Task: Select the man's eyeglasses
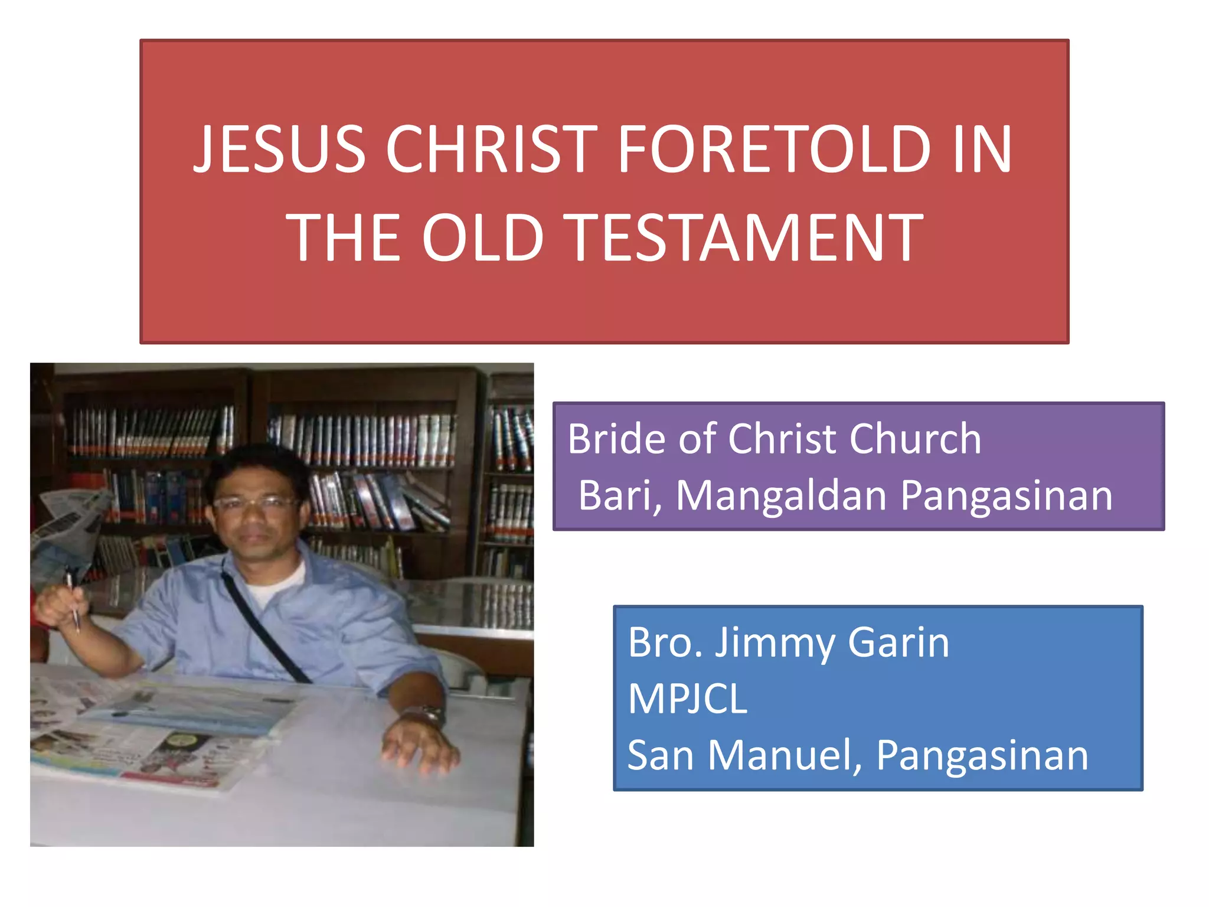coord(255,504)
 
